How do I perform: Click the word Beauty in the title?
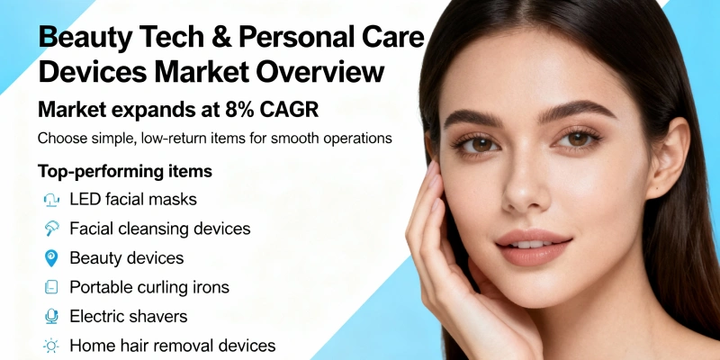[83, 40]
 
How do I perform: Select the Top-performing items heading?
[125, 170]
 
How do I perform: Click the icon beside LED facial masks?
[50, 200]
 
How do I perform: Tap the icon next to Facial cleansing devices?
[50, 229]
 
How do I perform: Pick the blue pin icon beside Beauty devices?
[50, 258]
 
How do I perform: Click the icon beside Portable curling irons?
[50, 287]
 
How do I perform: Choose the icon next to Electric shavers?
[50, 317]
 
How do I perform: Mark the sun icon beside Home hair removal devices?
[50, 346]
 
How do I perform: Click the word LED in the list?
[87, 199]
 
